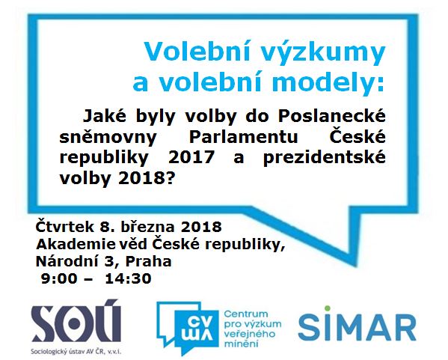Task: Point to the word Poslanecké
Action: [332, 116]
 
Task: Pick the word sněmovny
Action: [108, 138]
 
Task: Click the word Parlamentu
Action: [243, 137]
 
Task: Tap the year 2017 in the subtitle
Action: [191, 157]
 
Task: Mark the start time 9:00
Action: [59, 278]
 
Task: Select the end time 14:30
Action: [128, 278]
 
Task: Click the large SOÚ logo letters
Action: [76, 323]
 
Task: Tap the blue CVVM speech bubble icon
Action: [188, 329]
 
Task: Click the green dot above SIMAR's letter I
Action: [327, 308]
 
